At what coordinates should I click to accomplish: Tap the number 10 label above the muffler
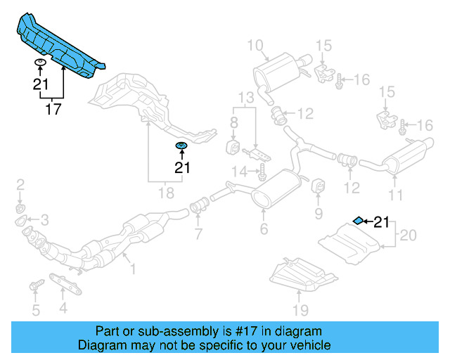tap(254, 46)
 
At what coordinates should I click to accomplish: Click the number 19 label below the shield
tap(300, 310)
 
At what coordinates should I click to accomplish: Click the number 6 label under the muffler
tap(264, 229)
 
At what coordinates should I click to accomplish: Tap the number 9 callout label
tap(319, 213)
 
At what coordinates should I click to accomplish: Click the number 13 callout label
tap(245, 96)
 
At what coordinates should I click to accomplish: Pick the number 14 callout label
tap(240, 171)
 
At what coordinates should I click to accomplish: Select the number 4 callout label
tap(63, 307)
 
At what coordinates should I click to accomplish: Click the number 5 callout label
tap(35, 310)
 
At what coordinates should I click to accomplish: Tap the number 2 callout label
tap(20, 185)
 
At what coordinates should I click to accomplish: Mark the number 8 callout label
tap(235, 124)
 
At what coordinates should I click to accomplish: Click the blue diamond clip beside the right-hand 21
tap(358, 221)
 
